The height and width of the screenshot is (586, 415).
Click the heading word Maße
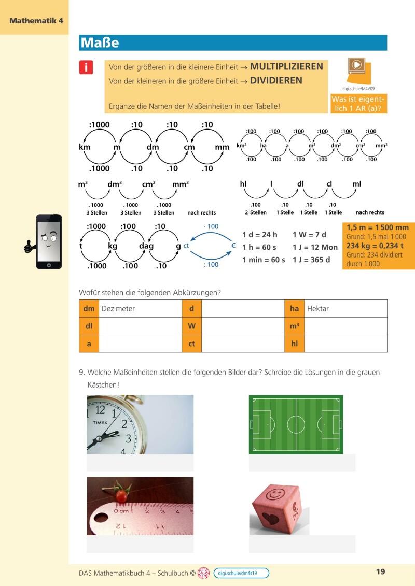coord(99,42)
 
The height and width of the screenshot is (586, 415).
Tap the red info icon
coord(86,67)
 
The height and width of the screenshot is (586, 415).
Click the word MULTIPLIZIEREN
coord(286,67)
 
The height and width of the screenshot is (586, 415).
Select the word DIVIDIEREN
coord(276,81)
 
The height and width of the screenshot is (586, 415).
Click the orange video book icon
coord(358,66)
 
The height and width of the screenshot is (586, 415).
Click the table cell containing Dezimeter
coord(140,308)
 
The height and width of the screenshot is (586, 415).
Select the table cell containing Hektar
coord(345,308)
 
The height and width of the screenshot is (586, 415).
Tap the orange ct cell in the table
coord(191,344)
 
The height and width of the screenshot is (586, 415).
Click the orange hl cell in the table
coord(294,344)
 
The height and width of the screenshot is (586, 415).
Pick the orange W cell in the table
coord(191,326)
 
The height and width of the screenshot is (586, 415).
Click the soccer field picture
coord(296,424)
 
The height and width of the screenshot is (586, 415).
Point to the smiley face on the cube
coord(274,494)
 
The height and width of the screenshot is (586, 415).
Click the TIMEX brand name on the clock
coord(100,423)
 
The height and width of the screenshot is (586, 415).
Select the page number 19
coord(380,572)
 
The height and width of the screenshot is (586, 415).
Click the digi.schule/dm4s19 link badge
coord(241,573)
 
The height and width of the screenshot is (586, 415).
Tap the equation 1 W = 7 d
coord(309,234)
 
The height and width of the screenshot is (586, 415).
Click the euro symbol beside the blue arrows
coord(233,245)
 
